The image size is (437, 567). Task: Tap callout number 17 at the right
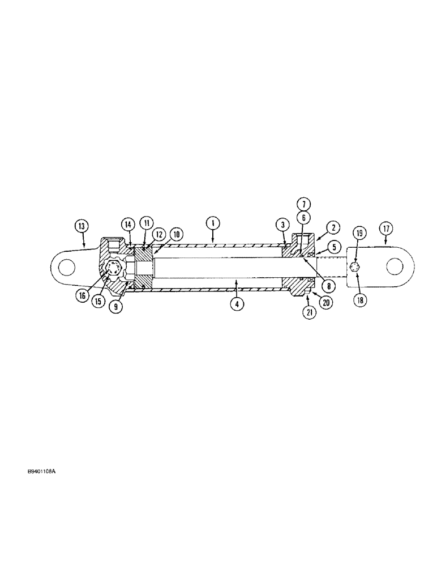pos(386,229)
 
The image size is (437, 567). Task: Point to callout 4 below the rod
pos(237,303)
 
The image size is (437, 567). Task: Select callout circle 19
pos(358,232)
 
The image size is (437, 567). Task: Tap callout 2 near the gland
pos(333,228)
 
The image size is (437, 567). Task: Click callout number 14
pos(129,224)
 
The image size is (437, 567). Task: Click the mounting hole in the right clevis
pos(398,265)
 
